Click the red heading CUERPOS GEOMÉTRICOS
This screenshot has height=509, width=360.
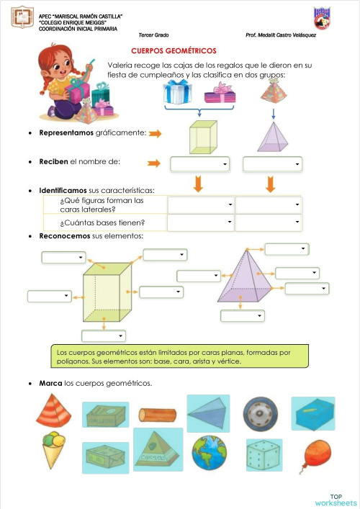pyautogui.click(x=174, y=51)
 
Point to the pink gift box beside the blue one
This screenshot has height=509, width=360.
pyautogui.click(x=220, y=93)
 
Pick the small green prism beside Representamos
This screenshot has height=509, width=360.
pyautogui.click(x=202, y=137)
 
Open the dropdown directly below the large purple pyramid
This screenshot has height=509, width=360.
pyautogui.click(x=243, y=315)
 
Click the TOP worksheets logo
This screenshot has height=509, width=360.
pyautogui.click(x=336, y=499)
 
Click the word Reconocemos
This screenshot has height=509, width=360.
pyautogui.click(x=64, y=236)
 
